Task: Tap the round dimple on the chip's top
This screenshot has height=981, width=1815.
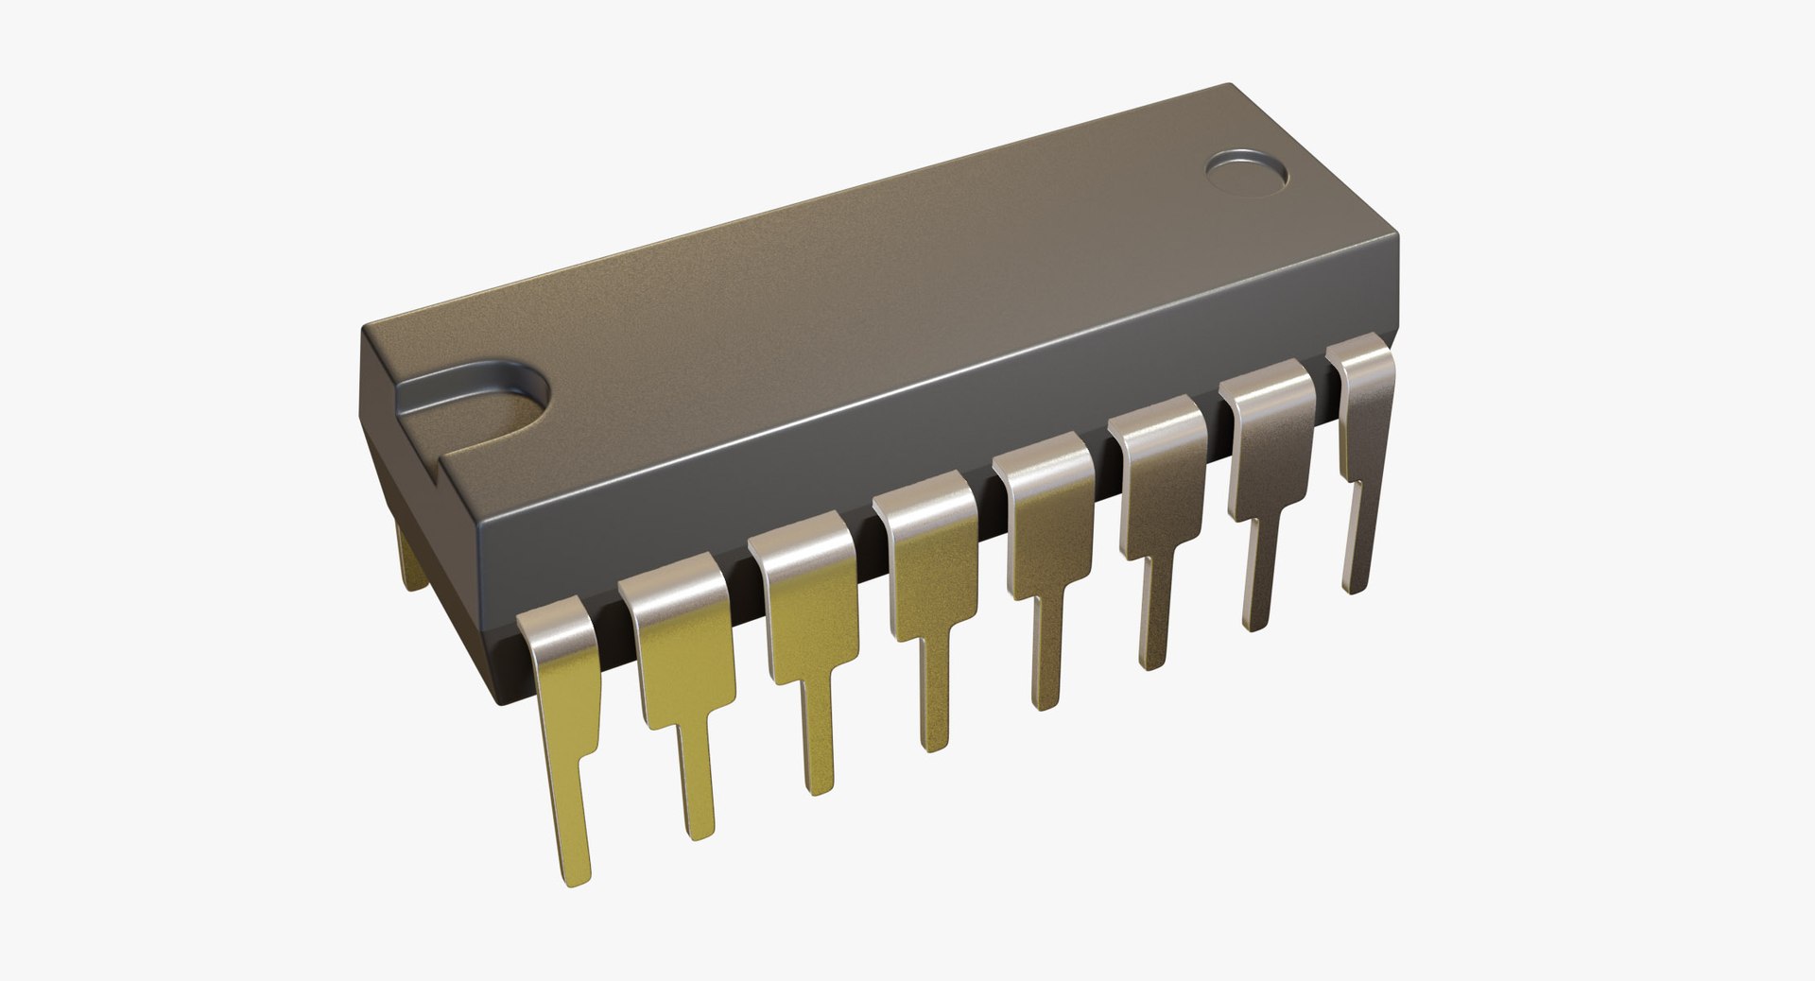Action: coord(1248,171)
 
